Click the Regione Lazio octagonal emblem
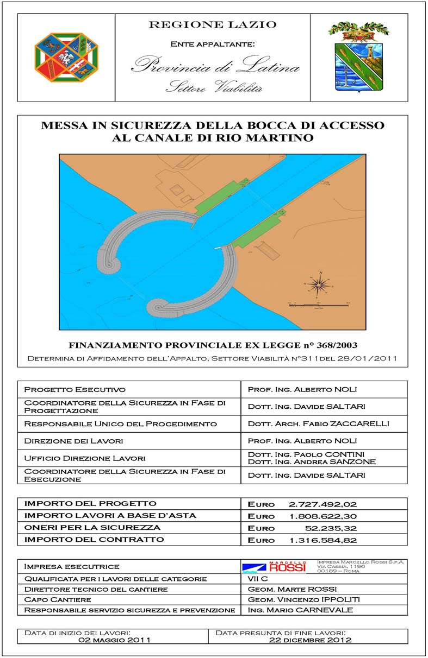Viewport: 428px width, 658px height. click(66, 57)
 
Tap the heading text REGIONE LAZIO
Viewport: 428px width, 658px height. click(213, 24)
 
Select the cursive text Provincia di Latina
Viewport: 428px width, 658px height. click(215, 67)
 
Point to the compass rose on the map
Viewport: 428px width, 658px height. click(321, 284)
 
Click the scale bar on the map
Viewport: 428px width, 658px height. click(318, 306)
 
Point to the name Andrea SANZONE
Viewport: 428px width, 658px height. click(344, 461)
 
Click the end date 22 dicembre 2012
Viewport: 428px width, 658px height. click(311, 640)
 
